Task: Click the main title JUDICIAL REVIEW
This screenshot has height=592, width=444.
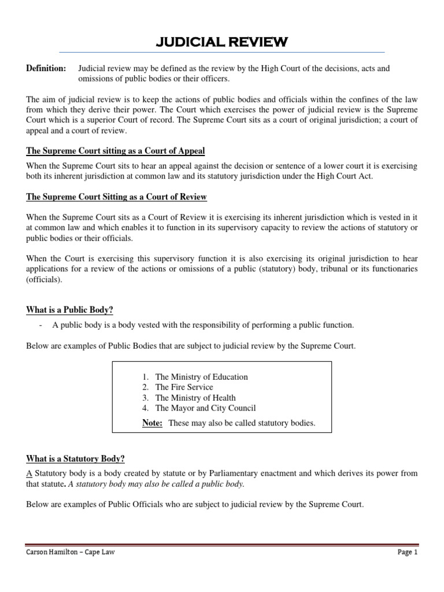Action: (x=222, y=42)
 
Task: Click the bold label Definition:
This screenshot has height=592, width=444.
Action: (x=46, y=69)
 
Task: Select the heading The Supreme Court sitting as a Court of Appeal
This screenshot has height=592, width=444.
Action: (x=116, y=151)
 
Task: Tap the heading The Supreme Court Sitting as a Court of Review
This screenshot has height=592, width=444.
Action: (x=116, y=197)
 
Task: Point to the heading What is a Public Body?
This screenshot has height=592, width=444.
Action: (x=73, y=310)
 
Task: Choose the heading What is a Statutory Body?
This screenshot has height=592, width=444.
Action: (x=75, y=459)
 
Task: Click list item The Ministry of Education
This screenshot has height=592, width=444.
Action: (x=201, y=377)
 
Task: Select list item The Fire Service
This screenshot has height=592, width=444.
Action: (x=184, y=387)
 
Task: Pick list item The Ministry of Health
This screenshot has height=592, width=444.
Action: (x=195, y=398)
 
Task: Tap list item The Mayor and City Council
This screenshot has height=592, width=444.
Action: (x=205, y=408)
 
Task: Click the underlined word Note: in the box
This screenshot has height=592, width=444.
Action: (x=153, y=423)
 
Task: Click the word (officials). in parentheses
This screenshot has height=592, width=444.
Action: (x=44, y=279)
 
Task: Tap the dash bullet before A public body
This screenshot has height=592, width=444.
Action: (x=41, y=325)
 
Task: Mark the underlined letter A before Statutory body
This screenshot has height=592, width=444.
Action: (x=29, y=473)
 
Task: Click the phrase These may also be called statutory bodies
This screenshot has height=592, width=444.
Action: (x=242, y=423)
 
